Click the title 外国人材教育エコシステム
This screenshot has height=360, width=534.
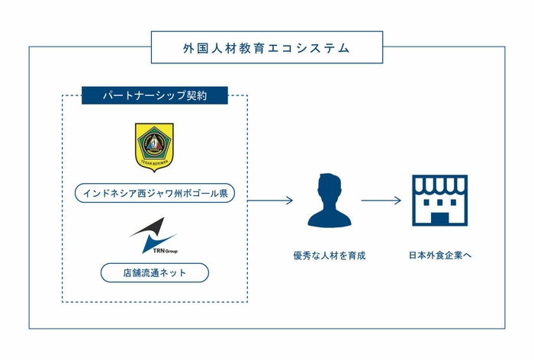pos(267,47)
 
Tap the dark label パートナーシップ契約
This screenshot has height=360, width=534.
pos(155,96)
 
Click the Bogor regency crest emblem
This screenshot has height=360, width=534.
pos(154,147)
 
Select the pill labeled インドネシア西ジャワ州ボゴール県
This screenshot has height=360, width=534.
pos(154,194)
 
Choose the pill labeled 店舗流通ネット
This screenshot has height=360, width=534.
pos(154,272)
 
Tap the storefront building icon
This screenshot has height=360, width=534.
pos(439,201)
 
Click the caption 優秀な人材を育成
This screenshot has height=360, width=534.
pos(329,256)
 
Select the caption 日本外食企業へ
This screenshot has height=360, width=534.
pos(440,256)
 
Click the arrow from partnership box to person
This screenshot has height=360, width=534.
pos(271,201)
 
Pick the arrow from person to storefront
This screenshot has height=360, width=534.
pos(381,201)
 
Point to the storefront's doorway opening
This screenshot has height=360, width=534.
pos(439,217)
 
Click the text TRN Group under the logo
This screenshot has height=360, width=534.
pos(166,249)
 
